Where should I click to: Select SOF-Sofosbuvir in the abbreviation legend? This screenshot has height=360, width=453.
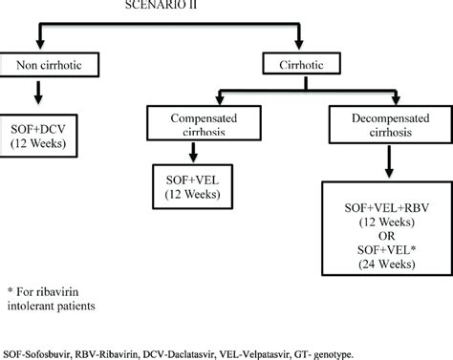(36, 349)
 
